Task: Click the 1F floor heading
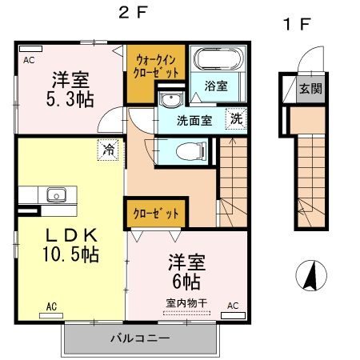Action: click(x=297, y=24)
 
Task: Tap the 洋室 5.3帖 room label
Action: click(x=71, y=90)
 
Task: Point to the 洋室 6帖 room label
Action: click(x=185, y=271)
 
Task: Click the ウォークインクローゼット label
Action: click(x=156, y=64)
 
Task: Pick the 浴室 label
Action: click(x=216, y=86)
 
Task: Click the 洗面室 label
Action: click(x=195, y=122)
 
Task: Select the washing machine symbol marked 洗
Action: click(x=237, y=118)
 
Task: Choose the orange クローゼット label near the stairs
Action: click(x=156, y=213)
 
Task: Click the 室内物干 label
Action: click(x=186, y=303)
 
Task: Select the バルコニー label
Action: click(x=140, y=339)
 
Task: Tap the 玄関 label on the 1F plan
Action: click(x=310, y=89)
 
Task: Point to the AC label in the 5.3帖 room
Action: click(x=29, y=59)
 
